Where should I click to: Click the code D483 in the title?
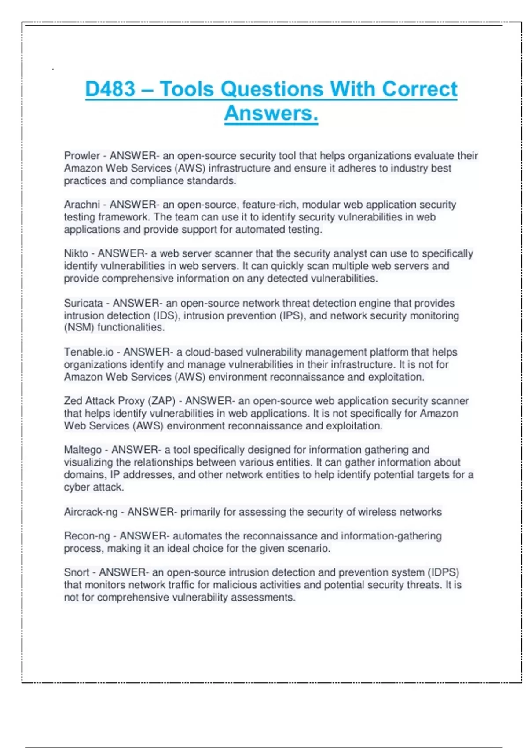tap(110, 89)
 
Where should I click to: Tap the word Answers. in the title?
tap(271, 113)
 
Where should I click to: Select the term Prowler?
tap(82, 156)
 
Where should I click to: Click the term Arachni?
tap(82, 205)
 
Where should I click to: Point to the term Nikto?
tap(76, 253)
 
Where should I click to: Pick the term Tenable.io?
tap(88, 352)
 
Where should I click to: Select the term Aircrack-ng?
tap(91, 512)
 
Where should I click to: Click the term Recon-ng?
tap(87, 536)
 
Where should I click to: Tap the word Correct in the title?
tap(419, 89)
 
